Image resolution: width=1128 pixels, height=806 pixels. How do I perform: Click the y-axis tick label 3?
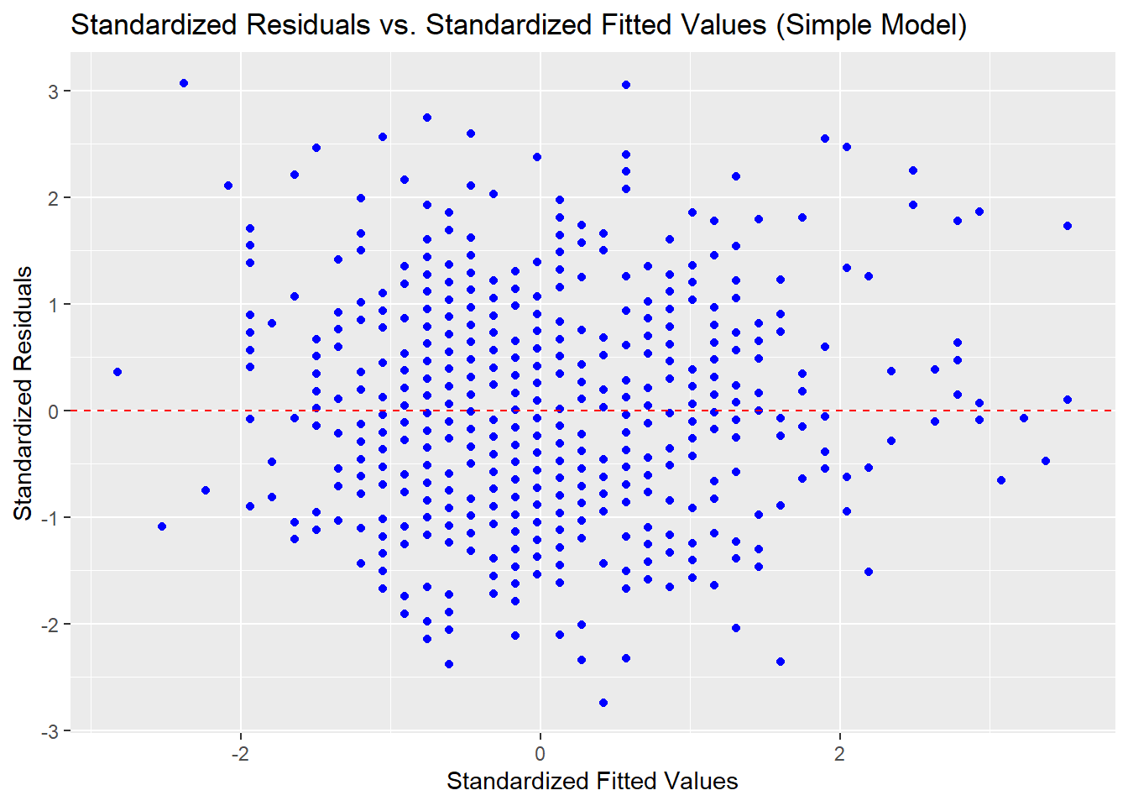pyautogui.click(x=53, y=92)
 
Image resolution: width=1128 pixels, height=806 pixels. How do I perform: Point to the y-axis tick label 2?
pyautogui.click(x=53, y=198)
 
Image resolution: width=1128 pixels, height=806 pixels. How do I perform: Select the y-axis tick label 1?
pyautogui.click(x=53, y=305)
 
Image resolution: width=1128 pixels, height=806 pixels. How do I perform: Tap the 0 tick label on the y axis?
pyautogui.click(x=53, y=411)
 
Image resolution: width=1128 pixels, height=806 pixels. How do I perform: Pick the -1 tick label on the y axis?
pyautogui.click(x=50, y=518)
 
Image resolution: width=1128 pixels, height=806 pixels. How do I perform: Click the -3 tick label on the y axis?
pyautogui.click(x=50, y=731)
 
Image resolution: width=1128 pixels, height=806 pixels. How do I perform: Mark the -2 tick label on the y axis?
pyautogui.click(x=50, y=625)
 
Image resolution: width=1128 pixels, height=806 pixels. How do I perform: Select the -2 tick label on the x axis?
pyautogui.click(x=240, y=753)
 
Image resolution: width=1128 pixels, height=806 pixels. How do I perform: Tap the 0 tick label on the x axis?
pyautogui.click(x=540, y=753)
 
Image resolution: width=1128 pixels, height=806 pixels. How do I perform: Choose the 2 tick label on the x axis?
pyautogui.click(x=839, y=753)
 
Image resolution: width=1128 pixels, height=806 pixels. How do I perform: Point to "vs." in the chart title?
pyautogui.click(x=398, y=25)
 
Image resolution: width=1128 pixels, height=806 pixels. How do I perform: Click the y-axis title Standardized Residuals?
pyautogui.click(x=23, y=393)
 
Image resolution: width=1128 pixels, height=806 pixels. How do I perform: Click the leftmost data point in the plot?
pyautogui.click(x=117, y=372)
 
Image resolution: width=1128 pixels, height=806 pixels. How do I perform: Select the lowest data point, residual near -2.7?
pyautogui.click(x=603, y=703)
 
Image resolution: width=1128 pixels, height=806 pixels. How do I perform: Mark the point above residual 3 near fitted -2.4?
pyautogui.click(x=184, y=83)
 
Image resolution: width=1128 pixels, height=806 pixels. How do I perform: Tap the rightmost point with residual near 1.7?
pyautogui.click(x=1068, y=226)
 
